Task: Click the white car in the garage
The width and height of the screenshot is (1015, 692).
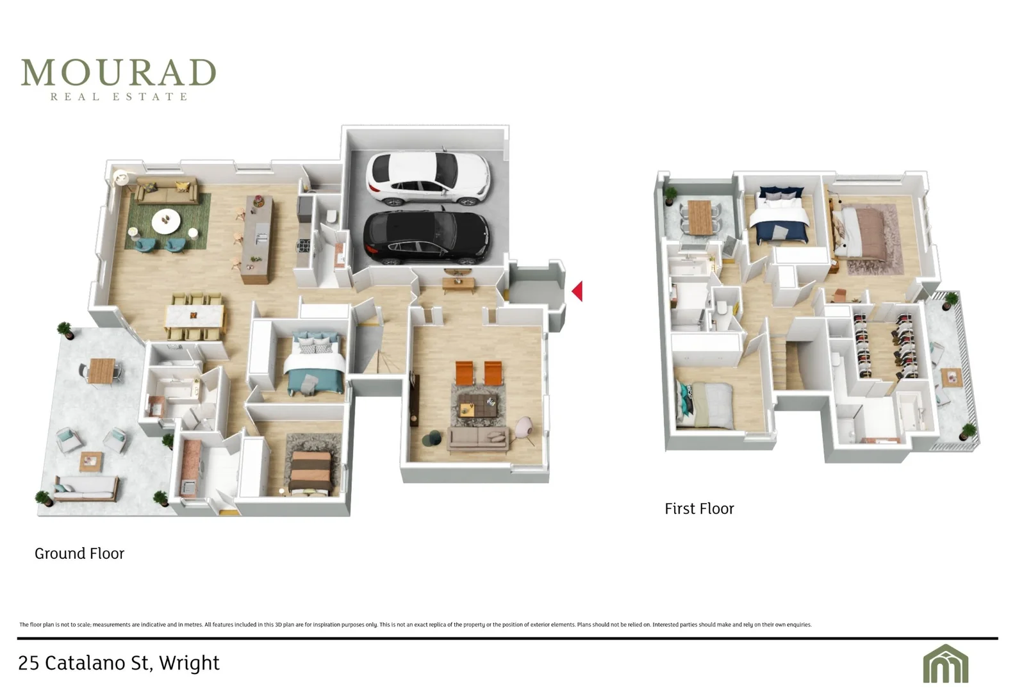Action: point(428,177)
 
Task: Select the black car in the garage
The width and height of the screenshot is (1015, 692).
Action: point(426,236)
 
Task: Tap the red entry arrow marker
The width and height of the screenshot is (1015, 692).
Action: point(577,291)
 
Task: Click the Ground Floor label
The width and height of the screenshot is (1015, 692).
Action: point(79,554)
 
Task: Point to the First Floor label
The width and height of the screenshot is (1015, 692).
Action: point(699,509)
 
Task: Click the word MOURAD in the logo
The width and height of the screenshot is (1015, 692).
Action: point(119,72)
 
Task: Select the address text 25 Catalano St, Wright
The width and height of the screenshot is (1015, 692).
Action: point(119,663)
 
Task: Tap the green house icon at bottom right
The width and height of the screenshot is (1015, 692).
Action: point(946,663)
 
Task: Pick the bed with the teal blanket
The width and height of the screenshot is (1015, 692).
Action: point(315,363)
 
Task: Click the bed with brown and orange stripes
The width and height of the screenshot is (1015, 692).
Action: point(311,472)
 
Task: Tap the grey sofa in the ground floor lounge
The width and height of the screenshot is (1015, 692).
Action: point(477,439)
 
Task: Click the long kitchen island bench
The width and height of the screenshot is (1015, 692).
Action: point(258,239)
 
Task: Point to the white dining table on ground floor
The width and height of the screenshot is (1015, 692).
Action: point(195,315)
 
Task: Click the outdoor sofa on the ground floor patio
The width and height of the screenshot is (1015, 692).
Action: point(86,488)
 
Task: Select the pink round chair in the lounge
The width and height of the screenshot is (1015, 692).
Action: point(524,428)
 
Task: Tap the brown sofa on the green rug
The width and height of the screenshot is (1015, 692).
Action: point(167,191)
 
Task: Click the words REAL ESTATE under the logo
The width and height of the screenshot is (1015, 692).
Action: point(119,97)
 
